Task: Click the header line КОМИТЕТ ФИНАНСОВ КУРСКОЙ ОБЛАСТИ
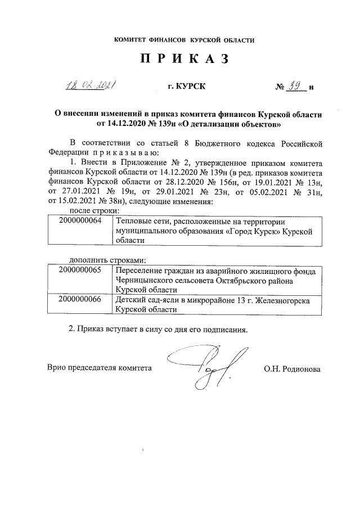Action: pyautogui.click(x=184, y=40)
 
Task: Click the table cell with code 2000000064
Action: pyautogui.click(x=80, y=221)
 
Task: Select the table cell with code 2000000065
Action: pyautogui.click(x=80, y=271)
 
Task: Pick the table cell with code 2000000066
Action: pyautogui.click(x=80, y=300)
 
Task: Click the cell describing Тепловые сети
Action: pyautogui.click(x=217, y=230)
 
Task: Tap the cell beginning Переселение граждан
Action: pyautogui.click(x=217, y=280)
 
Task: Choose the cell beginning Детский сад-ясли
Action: pyautogui.click(x=217, y=305)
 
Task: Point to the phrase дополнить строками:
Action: pyautogui.click(x=107, y=260)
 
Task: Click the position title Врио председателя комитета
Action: pyautogui.click(x=99, y=369)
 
